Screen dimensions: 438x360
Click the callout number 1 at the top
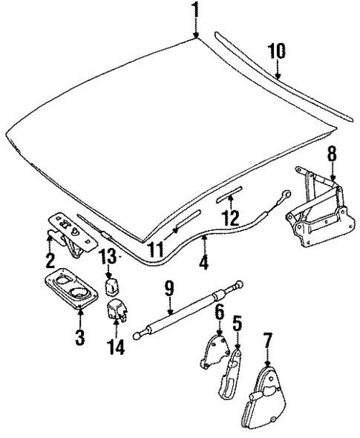point(196,10)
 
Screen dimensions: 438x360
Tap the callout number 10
point(276,53)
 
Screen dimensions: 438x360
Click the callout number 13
point(107,256)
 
